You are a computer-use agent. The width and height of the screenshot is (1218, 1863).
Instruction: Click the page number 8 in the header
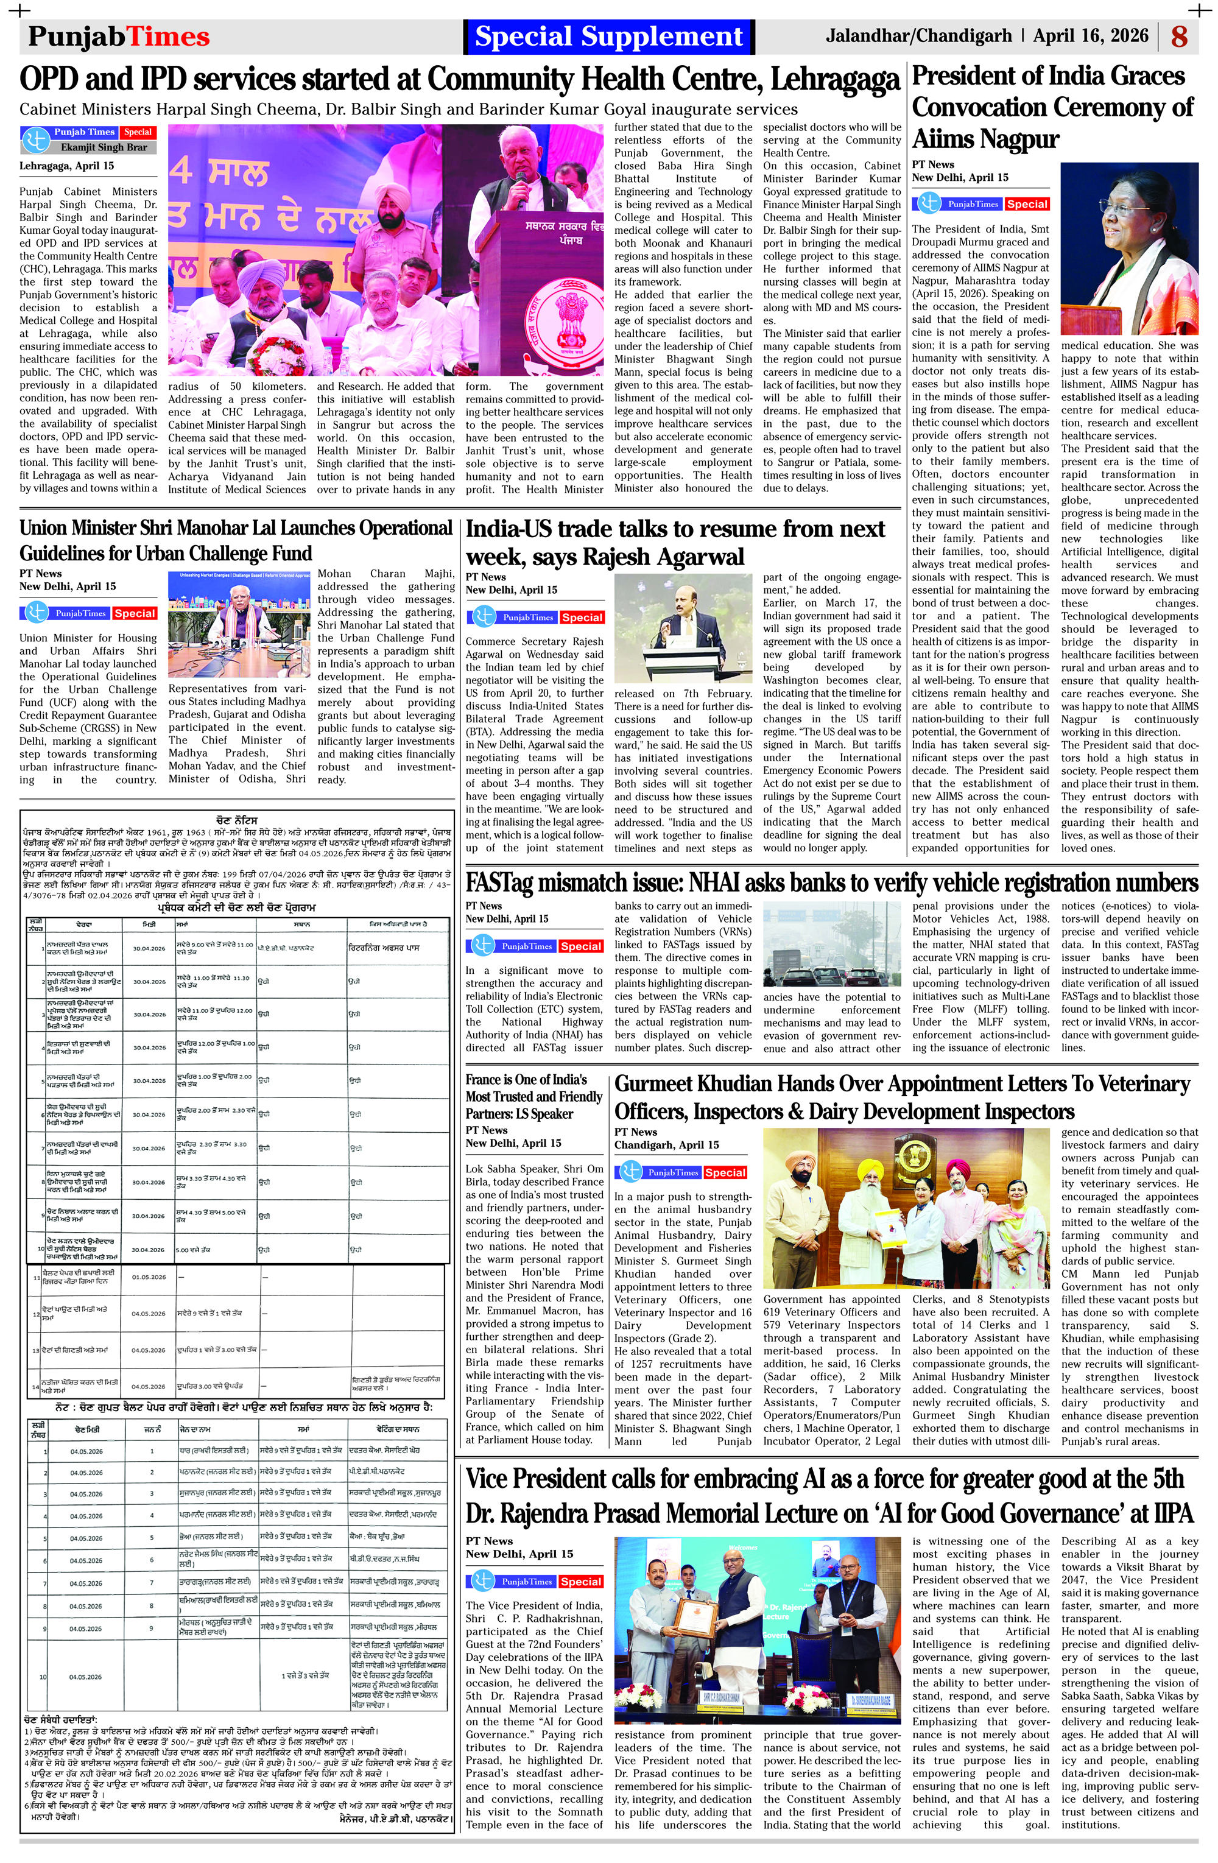[1179, 37]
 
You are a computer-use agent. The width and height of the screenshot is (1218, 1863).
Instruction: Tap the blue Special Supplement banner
[608, 37]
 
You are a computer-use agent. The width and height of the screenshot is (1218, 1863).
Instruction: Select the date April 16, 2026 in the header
[1090, 36]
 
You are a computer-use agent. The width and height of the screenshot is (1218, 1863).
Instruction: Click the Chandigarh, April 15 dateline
[666, 1144]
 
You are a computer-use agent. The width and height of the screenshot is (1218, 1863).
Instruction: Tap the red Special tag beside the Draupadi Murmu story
[1026, 203]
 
